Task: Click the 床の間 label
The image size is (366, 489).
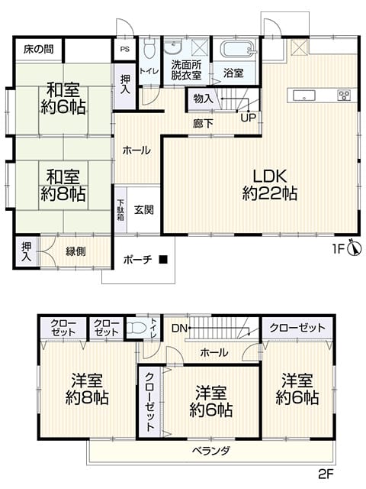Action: tap(39, 49)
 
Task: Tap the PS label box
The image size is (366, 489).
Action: tap(125, 49)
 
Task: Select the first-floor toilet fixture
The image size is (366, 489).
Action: tap(149, 49)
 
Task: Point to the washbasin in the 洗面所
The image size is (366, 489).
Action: tap(173, 47)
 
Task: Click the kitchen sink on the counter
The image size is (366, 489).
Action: tap(303, 95)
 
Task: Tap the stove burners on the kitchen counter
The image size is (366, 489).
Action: tap(344, 95)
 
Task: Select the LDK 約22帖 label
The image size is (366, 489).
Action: tap(269, 185)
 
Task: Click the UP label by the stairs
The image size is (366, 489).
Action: tap(248, 118)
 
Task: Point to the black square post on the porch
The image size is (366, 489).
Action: tap(163, 259)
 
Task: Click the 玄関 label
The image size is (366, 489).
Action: tap(144, 209)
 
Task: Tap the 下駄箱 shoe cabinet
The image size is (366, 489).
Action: tap(120, 210)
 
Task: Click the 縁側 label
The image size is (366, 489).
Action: tap(75, 251)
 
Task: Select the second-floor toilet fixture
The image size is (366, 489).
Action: tap(137, 328)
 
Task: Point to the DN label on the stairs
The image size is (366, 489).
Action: tap(180, 328)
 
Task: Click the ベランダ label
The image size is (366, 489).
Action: tap(210, 451)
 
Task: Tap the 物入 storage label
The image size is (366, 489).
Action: tap(204, 99)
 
